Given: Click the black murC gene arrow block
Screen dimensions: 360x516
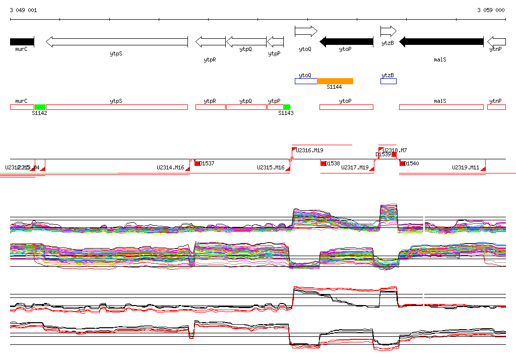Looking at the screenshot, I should (22, 41).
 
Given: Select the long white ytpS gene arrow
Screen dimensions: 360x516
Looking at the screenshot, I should (116, 41).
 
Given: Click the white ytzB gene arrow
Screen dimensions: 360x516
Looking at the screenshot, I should (388, 32).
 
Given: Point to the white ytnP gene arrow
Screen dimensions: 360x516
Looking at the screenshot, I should (496, 41).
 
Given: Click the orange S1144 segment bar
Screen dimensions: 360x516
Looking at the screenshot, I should (335, 81).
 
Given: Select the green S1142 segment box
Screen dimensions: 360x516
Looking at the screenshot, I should (40, 107).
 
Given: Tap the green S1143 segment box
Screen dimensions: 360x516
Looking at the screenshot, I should (286, 107).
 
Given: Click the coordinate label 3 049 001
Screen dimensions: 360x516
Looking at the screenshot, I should (23, 10).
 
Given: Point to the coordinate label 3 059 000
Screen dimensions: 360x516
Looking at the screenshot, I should (491, 10).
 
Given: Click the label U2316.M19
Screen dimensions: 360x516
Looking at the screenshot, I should (309, 150).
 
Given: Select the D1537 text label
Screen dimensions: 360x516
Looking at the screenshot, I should (207, 163).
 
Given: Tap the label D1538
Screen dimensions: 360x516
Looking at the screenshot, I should (333, 163).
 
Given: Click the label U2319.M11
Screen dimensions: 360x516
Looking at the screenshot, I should (465, 167).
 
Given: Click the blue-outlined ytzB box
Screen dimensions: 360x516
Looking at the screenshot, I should (388, 81).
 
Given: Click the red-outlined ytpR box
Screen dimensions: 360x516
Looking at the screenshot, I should (210, 107).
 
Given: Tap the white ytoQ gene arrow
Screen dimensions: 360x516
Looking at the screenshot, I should (305, 32).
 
